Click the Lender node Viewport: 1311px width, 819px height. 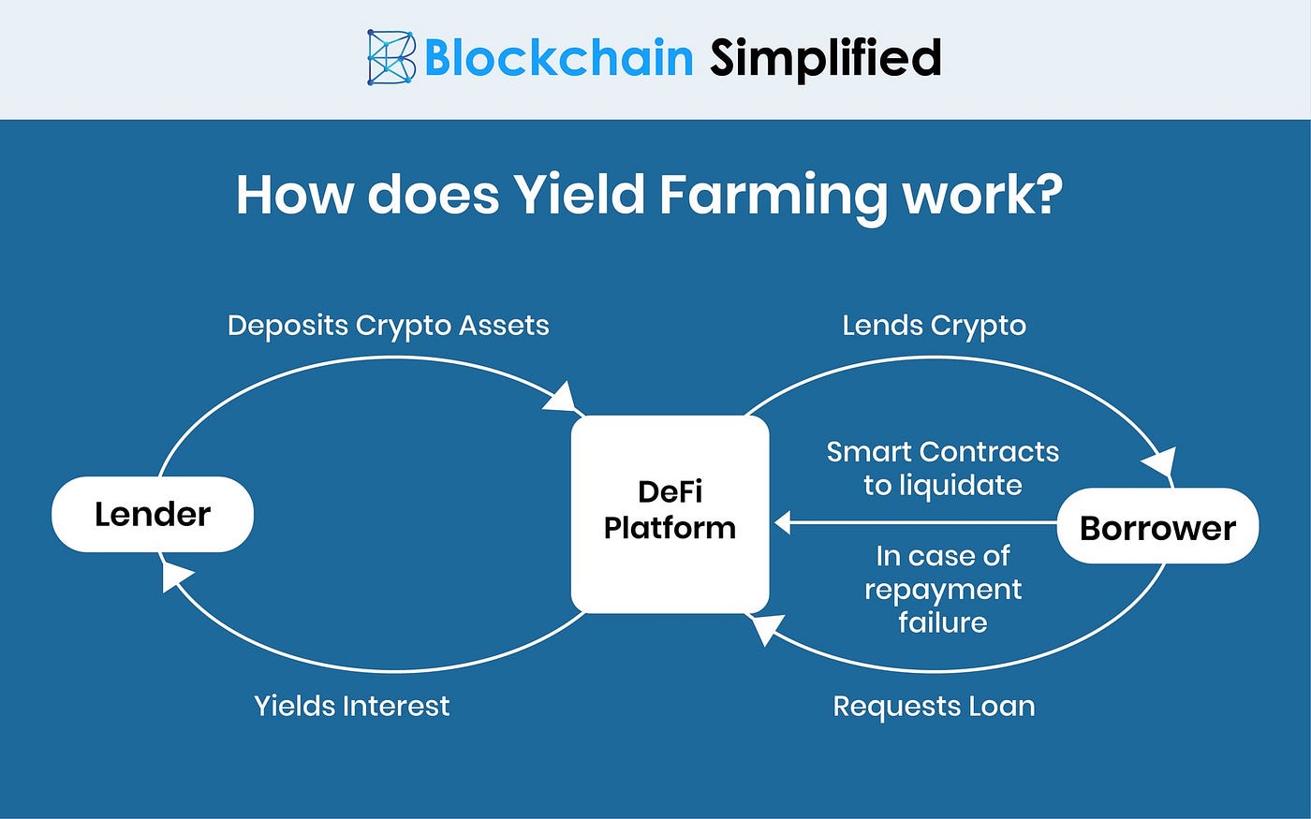point(153,514)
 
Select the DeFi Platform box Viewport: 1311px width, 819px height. point(670,513)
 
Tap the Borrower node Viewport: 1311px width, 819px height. point(1157,528)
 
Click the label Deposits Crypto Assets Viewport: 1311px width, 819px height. point(388,326)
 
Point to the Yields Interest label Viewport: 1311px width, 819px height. point(352,706)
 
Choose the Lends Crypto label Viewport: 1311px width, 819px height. point(934,326)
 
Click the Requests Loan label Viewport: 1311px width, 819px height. point(934,706)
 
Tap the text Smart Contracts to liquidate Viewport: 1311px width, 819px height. point(942,468)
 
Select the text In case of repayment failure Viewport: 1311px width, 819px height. point(942,589)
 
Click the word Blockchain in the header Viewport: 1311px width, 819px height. point(558,58)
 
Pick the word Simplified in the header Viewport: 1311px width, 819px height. point(825,58)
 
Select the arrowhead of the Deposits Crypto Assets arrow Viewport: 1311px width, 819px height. point(563,399)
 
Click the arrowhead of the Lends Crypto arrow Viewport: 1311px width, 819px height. point(1161,463)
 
